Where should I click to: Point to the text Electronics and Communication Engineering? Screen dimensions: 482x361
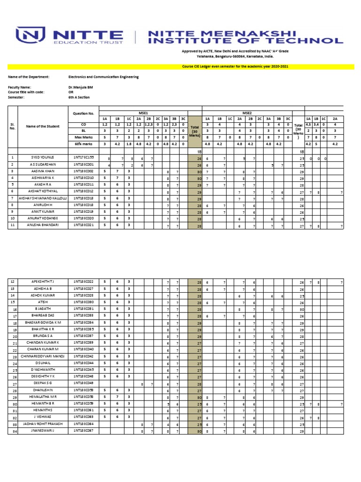[103, 77]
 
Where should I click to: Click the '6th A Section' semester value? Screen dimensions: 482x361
[79, 97]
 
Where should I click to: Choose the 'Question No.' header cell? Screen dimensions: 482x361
[84, 113]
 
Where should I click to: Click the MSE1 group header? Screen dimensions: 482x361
[143, 113]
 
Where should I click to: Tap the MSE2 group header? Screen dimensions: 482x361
[247, 113]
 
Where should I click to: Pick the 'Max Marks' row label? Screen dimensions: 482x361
[84, 137]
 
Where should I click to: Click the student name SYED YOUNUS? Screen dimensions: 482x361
[44, 157]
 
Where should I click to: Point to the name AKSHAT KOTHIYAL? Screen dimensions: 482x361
[44, 192]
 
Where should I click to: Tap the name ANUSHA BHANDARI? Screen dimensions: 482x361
[44, 226]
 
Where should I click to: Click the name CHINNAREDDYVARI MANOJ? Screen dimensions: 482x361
[44, 357]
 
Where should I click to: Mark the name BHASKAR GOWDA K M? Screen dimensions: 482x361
[44, 323]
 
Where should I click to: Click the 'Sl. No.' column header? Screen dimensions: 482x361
[13, 126]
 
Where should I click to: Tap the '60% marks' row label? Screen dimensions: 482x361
[84, 144]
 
